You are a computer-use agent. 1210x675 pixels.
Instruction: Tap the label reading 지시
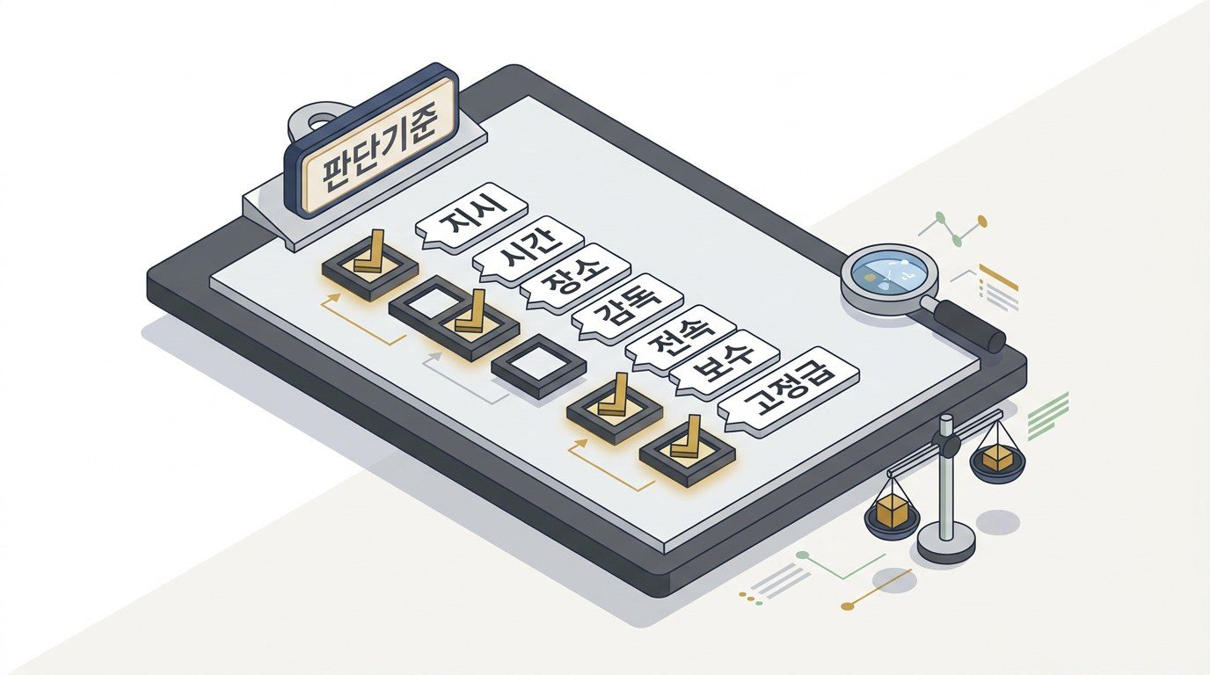471,218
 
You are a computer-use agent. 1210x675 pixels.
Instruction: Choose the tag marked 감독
627,308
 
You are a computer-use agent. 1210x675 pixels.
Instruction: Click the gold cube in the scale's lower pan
891,510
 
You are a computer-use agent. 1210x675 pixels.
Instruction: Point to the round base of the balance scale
946,540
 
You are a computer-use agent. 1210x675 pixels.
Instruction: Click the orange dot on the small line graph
982,221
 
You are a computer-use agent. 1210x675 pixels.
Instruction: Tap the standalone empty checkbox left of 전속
538,367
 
